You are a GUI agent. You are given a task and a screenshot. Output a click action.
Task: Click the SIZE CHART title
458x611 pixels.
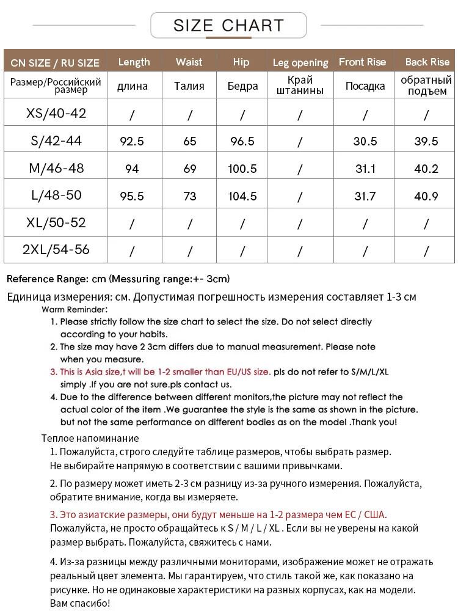tap(228, 26)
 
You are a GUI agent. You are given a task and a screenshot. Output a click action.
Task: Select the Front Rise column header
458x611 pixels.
tap(362, 62)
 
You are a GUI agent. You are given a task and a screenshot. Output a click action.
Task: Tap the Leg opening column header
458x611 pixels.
tap(300, 62)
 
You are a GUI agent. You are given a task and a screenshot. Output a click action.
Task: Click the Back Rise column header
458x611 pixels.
tap(427, 62)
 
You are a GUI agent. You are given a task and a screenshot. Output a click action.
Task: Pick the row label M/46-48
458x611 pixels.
tap(56, 168)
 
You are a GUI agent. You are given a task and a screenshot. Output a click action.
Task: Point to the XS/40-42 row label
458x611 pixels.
tap(56, 114)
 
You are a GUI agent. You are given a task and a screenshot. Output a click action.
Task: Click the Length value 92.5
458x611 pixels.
tap(132, 141)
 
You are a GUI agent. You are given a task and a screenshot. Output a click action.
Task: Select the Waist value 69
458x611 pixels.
tap(189, 169)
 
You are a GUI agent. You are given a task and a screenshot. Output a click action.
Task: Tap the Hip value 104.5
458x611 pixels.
tap(242, 196)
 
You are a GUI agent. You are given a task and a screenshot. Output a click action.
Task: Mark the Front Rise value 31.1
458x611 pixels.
tap(365, 169)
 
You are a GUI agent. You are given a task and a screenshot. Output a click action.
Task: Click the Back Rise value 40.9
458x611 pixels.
tap(426, 196)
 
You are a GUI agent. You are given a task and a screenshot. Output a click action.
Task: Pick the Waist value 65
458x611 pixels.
tap(189, 141)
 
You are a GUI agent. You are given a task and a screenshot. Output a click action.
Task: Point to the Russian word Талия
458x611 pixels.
tap(189, 86)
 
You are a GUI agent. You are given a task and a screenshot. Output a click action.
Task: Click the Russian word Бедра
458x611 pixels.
tap(242, 86)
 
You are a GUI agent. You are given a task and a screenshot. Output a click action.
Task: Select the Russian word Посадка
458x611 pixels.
tap(365, 86)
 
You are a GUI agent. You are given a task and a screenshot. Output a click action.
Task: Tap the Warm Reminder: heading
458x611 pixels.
tap(75, 309)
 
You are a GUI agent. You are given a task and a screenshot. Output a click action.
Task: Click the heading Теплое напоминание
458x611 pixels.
tap(90, 438)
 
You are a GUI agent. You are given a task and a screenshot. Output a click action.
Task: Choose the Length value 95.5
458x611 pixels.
tap(132, 196)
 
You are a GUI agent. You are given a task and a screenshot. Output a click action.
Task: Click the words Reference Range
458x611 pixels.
tap(46, 279)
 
